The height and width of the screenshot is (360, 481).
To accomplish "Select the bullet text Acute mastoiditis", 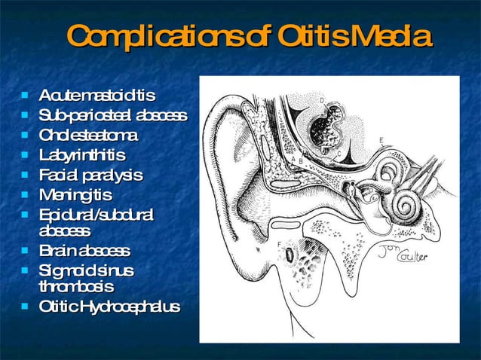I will (97, 96).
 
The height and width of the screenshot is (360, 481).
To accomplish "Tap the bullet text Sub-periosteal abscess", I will (113, 115).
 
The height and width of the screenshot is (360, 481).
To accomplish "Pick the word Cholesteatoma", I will (88, 136).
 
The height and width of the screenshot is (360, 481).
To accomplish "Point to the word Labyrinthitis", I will (82, 155).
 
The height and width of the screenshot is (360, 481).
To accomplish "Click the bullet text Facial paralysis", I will (90, 175).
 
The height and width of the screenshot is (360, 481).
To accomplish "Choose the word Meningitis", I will (75, 195).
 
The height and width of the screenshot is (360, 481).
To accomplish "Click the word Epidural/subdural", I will (96, 215).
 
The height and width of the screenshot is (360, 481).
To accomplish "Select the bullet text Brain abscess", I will (84, 250).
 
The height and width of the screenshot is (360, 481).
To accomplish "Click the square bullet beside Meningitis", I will (26, 195).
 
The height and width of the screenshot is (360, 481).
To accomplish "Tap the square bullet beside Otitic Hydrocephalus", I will (26, 307).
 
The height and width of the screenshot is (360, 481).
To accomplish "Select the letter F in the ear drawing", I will (280, 244).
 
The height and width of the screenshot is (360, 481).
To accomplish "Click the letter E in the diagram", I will (381, 141).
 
